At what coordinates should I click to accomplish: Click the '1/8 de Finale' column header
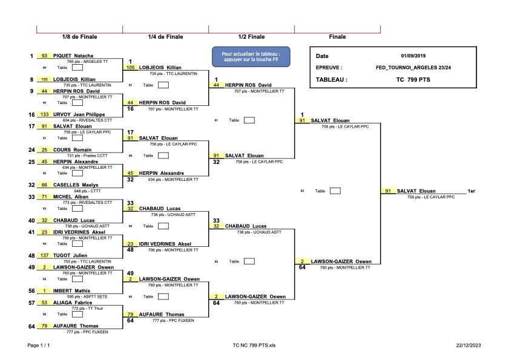tap(79, 37)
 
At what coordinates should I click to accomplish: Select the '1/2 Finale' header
tap(251, 37)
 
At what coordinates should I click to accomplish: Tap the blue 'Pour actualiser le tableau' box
tap(251, 56)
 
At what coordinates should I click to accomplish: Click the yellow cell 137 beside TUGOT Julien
tap(44, 255)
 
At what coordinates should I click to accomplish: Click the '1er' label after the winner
tap(471, 191)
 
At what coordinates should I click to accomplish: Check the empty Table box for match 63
tap(335, 191)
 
